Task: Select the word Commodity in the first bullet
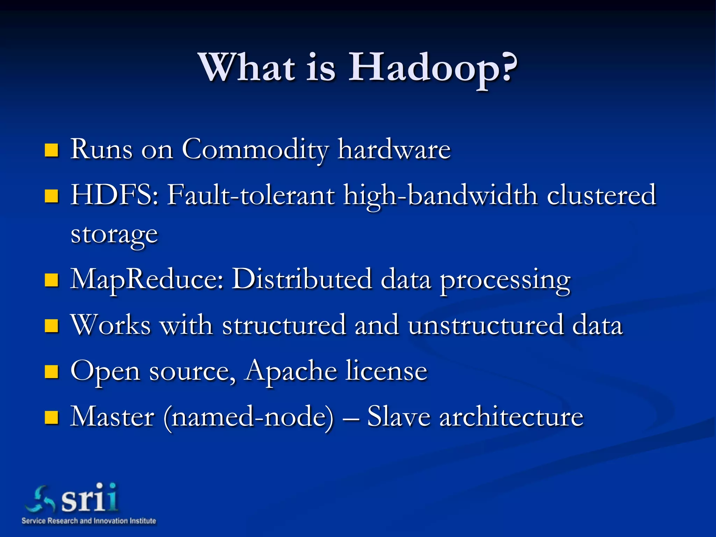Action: coord(255,150)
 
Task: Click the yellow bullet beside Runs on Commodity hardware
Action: coord(51,150)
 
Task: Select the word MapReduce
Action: coord(147,280)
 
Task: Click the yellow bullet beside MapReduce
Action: coord(51,280)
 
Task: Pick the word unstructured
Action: coord(486,325)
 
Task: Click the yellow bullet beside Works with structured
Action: coord(51,326)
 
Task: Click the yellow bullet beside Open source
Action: coord(51,372)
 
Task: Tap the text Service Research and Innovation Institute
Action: coord(89,521)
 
